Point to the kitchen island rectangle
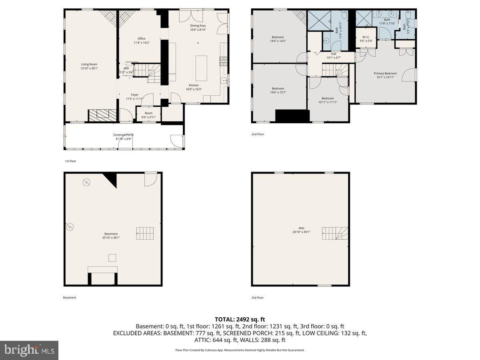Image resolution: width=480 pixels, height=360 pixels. click(201, 68)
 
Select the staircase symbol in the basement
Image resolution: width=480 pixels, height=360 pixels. click(145, 233)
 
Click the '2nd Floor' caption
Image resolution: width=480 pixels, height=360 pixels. click(258, 134)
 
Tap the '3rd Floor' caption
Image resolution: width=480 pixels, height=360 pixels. click(258, 298)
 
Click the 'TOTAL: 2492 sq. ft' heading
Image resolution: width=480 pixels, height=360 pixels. click(240, 319)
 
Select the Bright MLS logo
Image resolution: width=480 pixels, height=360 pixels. click(29, 350)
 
